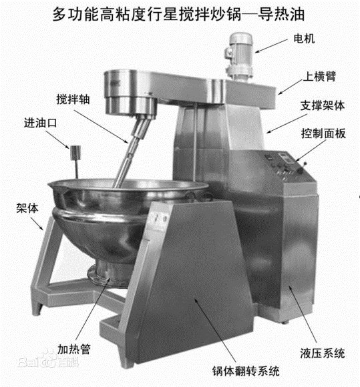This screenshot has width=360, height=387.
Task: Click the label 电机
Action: tap(304, 39)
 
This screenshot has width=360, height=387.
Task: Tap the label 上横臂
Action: tap(319, 76)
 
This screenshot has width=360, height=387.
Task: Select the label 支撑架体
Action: tap(322, 105)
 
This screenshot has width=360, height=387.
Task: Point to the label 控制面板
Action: tap(323, 133)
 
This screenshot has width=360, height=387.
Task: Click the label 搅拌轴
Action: tap(73, 99)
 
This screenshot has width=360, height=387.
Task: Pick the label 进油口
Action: tap(40, 123)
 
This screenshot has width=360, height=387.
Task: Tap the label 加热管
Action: tap(74, 349)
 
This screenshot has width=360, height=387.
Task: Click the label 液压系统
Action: tap(323, 353)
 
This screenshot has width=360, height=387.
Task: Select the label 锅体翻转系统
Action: tap(246, 371)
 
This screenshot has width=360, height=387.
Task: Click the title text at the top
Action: tap(178, 14)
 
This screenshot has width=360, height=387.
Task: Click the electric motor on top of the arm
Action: tap(239, 57)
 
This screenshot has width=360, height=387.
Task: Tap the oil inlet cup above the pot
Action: tap(75, 153)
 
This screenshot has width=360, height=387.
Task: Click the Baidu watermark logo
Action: tap(48, 359)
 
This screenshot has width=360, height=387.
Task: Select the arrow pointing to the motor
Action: tap(271, 45)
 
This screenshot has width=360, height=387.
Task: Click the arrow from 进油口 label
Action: tap(57, 139)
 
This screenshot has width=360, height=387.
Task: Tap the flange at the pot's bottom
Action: tap(108, 275)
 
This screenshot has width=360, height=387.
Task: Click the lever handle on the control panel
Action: tap(303, 167)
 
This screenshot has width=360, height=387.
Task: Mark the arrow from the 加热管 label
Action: tap(93, 309)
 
